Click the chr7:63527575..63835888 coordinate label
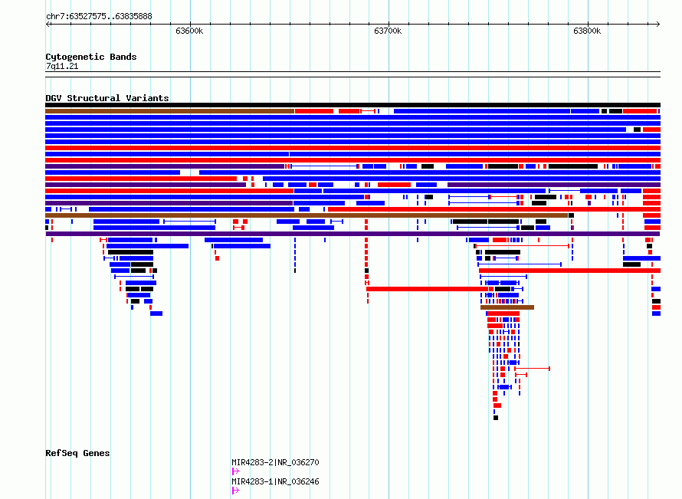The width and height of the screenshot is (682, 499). [x=99, y=17]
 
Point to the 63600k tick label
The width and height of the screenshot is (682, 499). [x=189, y=31]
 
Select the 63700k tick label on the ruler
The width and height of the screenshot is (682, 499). [x=388, y=31]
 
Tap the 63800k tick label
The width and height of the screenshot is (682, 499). [x=587, y=31]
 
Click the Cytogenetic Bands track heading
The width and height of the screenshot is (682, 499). [x=91, y=57]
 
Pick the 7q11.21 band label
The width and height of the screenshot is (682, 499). [x=62, y=66]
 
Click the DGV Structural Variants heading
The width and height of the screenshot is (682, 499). [x=107, y=98]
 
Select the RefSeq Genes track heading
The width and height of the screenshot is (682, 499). [x=77, y=453]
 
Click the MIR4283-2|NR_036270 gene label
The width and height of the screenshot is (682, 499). [x=275, y=462]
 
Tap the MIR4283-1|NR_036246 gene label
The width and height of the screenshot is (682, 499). [x=275, y=481]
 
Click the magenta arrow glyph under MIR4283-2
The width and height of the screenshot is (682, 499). [x=235, y=471]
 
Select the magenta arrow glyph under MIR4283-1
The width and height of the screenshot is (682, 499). [x=235, y=491]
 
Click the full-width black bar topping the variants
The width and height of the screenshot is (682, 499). [x=352, y=105]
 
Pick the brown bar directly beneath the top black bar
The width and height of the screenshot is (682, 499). [x=169, y=111]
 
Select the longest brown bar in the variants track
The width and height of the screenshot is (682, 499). [x=307, y=215]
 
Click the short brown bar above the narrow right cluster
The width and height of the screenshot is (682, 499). [x=507, y=307]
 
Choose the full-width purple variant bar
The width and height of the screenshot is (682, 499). [x=352, y=234]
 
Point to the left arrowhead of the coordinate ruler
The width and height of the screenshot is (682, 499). [x=48, y=25]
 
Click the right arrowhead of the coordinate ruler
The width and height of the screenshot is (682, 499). [x=658, y=25]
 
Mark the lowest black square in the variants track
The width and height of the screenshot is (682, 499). [x=496, y=418]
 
